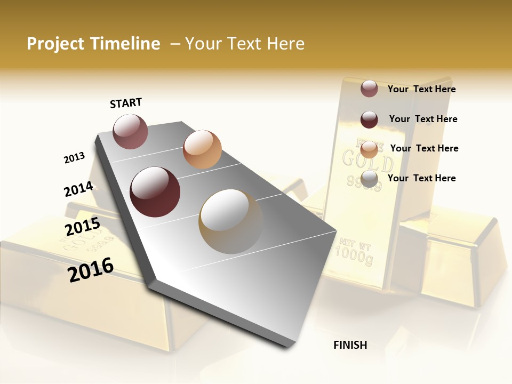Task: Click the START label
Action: click(126, 103)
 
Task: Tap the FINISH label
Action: click(350, 345)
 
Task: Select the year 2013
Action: click(74, 158)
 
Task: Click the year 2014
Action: click(78, 189)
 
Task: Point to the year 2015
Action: click(82, 227)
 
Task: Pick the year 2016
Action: click(91, 270)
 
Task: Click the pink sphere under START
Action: click(130, 131)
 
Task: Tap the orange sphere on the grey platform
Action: click(202, 149)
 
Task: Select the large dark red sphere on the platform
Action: click(155, 192)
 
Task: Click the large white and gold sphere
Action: click(231, 221)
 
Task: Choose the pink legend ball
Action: click(369, 89)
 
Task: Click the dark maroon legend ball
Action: click(369, 119)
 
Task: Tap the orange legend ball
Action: click(369, 149)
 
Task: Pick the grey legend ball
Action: click(369, 179)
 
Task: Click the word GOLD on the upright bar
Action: click(367, 160)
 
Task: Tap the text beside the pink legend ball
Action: click(422, 89)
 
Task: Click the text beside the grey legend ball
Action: click(422, 178)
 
